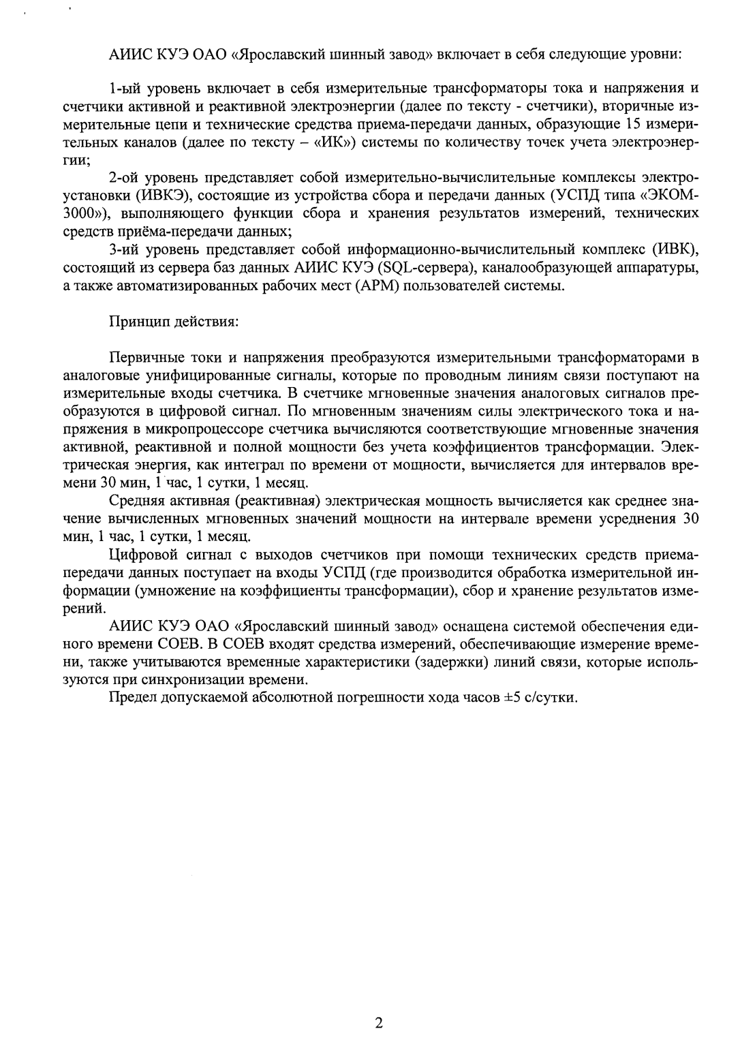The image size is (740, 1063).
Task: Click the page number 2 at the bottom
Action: click(x=379, y=1023)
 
